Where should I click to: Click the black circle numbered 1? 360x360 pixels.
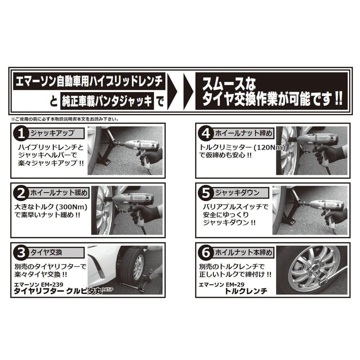coord(21,134)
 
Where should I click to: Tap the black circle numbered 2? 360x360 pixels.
coord(21,193)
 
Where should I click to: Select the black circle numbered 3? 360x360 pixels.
coord(21,253)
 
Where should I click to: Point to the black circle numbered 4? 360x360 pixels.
coord(206,134)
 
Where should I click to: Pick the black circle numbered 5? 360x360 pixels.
coord(206,193)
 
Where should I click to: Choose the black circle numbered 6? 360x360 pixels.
coord(206,253)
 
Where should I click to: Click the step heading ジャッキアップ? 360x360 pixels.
coord(52,133)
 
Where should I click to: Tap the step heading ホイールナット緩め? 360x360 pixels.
coord(59,193)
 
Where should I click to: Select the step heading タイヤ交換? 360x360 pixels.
coord(46,252)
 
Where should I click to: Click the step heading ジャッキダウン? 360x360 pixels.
coord(237,193)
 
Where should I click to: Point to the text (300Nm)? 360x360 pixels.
coord(72,207)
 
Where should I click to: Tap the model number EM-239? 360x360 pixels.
coord(52,285)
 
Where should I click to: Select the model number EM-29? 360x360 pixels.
coord(235,285)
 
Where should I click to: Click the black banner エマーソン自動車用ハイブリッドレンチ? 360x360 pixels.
coord(89,81)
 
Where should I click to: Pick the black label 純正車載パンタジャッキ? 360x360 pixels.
coord(107,100)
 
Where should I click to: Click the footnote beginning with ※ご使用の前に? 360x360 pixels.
coord(65,119)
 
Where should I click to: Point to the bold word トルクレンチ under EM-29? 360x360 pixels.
coord(246,291)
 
